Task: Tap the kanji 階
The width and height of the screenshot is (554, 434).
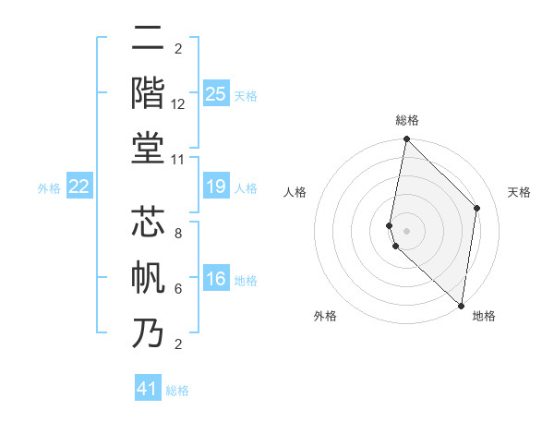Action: tap(148, 93)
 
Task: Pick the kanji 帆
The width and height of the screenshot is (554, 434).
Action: tap(148, 278)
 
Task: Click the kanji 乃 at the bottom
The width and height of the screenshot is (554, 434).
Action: tap(148, 333)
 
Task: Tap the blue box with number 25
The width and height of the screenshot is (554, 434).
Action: tap(216, 93)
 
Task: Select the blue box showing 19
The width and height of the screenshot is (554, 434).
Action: tap(216, 187)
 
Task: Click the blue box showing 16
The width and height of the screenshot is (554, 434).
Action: tap(216, 280)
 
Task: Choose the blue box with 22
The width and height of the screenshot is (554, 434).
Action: tap(79, 187)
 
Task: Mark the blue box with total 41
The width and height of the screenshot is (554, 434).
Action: tap(148, 389)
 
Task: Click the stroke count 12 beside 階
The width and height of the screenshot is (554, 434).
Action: tap(178, 105)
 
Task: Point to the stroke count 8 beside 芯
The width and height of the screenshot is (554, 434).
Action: tap(178, 234)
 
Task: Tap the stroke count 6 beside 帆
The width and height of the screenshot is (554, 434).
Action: tap(178, 289)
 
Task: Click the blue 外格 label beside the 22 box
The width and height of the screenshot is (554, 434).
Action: tap(49, 188)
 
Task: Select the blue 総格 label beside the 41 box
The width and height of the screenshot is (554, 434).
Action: tap(177, 391)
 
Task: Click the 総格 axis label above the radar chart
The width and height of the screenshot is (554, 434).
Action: tap(407, 120)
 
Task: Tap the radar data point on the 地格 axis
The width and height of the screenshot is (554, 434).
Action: tap(461, 306)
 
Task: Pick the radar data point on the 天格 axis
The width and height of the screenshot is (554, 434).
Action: tap(477, 208)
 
